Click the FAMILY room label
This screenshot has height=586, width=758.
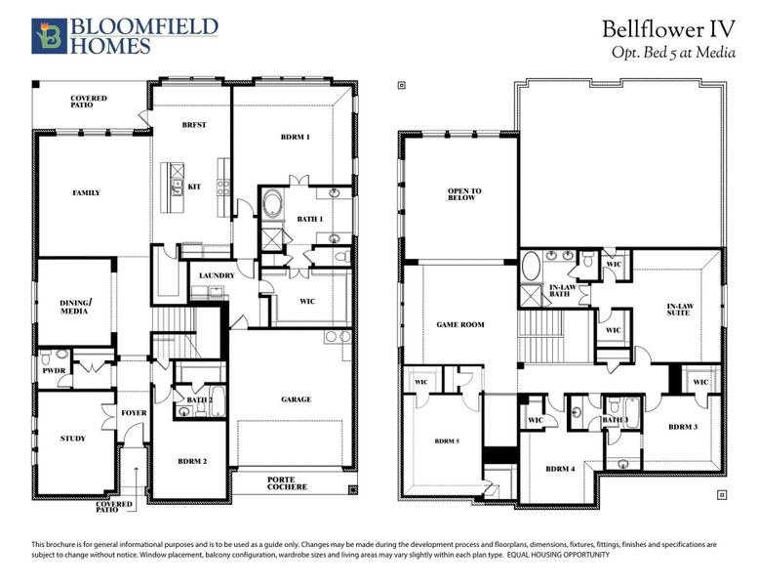click(x=86, y=193)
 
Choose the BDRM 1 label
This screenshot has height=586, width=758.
click(x=295, y=138)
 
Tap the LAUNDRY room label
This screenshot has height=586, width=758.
click(x=216, y=275)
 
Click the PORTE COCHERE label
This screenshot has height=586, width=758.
click(x=287, y=482)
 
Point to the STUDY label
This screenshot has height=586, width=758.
click(x=72, y=439)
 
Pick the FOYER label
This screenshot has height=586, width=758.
click(x=134, y=413)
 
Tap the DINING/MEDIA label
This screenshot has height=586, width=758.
click(x=75, y=309)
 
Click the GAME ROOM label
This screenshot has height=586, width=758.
click(x=459, y=324)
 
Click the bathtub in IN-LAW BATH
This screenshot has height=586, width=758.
click(x=532, y=267)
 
